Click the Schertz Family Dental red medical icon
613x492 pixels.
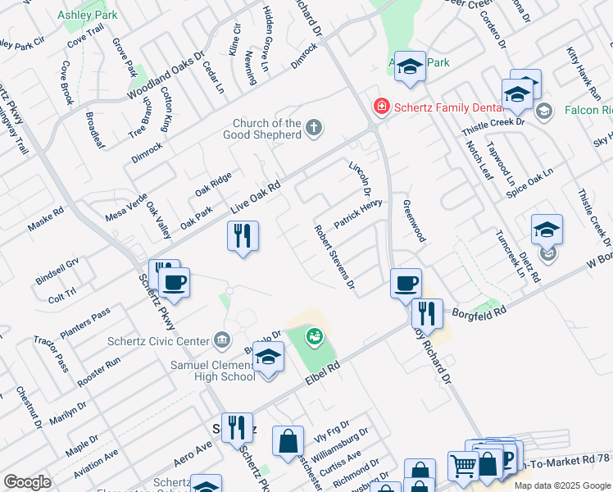(x=381, y=106)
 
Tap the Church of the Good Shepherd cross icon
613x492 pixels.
(x=313, y=127)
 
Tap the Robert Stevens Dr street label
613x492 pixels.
(x=334, y=257)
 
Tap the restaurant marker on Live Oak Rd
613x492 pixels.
(x=243, y=237)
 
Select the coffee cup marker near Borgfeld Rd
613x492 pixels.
(x=405, y=284)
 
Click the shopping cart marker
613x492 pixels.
(x=463, y=467)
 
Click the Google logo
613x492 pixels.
(x=28, y=482)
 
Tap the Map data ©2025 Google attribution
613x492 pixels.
(x=562, y=485)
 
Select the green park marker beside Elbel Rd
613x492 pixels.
(x=313, y=336)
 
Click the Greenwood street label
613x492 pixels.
(x=415, y=221)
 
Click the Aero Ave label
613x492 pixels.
(x=193, y=444)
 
